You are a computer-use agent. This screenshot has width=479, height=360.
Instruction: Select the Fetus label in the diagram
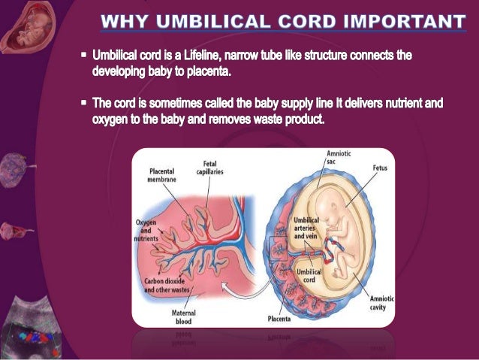pos(380,168)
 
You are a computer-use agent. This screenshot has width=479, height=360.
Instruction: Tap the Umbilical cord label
pos(310,274)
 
